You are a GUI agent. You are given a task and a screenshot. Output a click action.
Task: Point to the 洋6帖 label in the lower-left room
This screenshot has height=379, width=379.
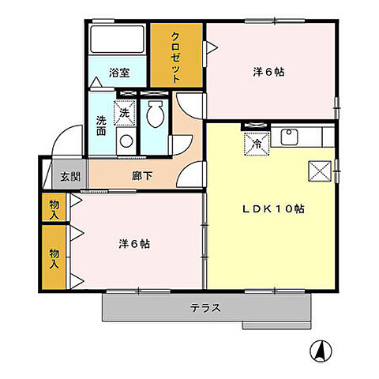coord(133,243)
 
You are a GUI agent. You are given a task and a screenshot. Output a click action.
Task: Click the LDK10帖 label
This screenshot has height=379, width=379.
coord(273,208)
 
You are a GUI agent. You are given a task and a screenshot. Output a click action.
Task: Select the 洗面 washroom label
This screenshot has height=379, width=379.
coord(102,126)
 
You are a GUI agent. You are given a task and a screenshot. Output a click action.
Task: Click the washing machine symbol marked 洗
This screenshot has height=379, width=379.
coord(125,114)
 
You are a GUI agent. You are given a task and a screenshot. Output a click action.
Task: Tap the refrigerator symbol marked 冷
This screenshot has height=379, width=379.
coord(256,144)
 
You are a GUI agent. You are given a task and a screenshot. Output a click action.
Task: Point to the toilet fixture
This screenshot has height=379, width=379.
coord(156,117)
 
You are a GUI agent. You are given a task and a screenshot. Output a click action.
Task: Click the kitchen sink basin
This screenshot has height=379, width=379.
coord(289,137)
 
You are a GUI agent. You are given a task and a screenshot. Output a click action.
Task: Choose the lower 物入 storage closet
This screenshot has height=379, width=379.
coord(54,257)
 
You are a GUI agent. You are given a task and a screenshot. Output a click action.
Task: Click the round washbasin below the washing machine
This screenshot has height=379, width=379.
coord(125,141)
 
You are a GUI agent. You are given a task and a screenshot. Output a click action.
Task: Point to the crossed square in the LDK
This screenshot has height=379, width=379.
coord(321,170)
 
